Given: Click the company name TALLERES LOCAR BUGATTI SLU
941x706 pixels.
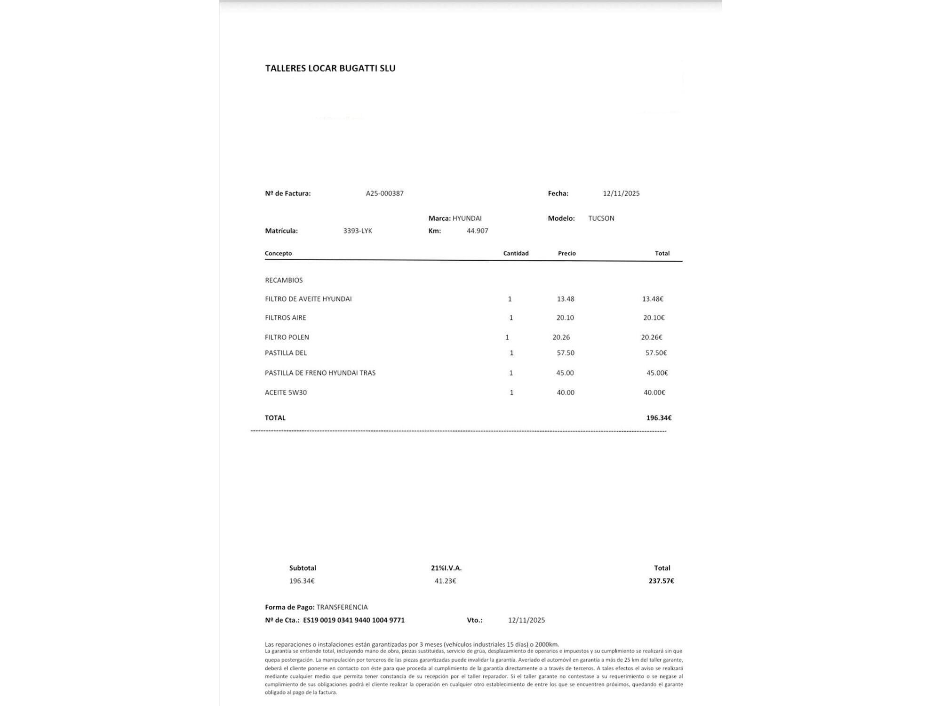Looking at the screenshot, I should [x=330, y=68].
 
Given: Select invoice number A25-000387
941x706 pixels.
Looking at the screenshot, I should [x=384, y=193].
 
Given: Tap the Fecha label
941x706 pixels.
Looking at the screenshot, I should [x=558, y=193].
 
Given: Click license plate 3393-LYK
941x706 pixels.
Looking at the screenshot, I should [x=358, y=231].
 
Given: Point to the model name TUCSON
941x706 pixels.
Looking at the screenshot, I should [x=601, y=218].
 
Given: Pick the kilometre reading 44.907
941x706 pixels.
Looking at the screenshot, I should [x=477, y=231].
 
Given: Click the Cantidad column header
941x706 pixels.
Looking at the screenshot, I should [x=516, y=253].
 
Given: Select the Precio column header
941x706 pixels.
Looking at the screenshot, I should [x=566, y=253].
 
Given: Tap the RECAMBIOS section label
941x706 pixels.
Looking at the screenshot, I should [x=284, y=281].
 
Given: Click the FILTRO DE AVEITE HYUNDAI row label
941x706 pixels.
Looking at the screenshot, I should [x=308, y=299].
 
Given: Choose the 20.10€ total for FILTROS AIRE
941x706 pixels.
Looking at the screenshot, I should [x=654, y=318].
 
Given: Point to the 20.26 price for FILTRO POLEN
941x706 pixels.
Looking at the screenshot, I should [x=561, y=337].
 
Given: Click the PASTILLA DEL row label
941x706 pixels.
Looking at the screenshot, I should [x=286, y=353].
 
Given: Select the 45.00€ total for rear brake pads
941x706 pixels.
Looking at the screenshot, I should [x=657, y=373].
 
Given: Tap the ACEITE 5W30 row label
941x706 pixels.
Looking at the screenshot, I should [x=286, y=393].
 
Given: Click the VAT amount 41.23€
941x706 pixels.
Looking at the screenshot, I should [x=445, y=581].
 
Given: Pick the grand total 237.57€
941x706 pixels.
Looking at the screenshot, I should [x=661, y=581].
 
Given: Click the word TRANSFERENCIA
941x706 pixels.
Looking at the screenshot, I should [x=342, y=608].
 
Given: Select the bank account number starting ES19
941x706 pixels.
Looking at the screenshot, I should [x=354, y=620].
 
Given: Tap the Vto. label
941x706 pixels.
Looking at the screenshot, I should [x=474, y=620].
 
